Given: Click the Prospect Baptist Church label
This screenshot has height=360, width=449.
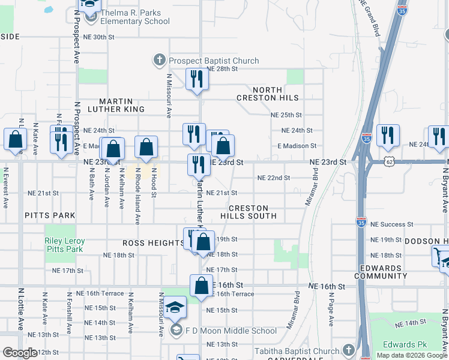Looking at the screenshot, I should (x=214, y=61).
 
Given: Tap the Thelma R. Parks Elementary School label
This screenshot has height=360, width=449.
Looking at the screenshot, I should (x=136, y=17).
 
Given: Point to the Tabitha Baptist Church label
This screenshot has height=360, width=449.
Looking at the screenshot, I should (x=297, y=351).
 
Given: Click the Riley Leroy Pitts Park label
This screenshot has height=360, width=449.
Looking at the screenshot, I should (x=65, y=245).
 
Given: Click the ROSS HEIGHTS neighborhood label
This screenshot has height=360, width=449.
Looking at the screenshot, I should (x=153, y=243).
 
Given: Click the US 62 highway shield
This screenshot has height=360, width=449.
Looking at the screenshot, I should (x=373, y=162).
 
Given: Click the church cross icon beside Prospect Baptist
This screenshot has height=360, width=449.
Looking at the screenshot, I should (x=159, y=60).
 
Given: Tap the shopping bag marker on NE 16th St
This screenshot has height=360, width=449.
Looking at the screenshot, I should (x=201, y=286).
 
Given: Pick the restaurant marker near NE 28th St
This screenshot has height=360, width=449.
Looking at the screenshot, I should (x=196, y=80).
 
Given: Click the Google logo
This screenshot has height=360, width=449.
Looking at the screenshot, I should (x=20, y=353).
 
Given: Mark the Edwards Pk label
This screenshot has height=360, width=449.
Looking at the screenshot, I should (x=405, y=344).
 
